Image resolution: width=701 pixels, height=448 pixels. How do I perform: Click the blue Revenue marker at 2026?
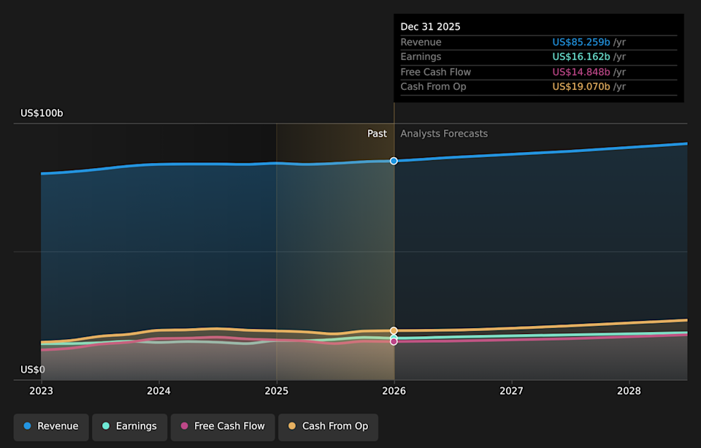pyautogui.click(x=394, y=161)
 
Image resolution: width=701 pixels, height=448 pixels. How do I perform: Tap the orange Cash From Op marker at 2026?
pyautogui.click(x=394, y=331)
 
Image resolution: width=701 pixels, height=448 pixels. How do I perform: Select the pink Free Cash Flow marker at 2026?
pyautogui.click(x=394, y=341)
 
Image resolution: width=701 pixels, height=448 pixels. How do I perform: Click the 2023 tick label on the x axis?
pyautogui.click(x=42, y=392)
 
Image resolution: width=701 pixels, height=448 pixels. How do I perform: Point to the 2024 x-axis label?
pyautogui.click(x=158, y=392)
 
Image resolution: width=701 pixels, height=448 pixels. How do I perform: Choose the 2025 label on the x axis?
pyautogui.click(x=276, y=392)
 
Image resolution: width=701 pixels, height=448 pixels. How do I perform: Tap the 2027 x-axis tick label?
pyautogui.click(x=511, y=392)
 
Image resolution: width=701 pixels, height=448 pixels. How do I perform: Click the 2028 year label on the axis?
pyautogui.click(x=629, y=392)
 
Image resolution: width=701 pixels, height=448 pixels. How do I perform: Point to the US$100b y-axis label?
pyautogui.click(x=42, y=113)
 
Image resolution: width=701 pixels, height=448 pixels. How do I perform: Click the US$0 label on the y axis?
pyautogui.click(x=32, y=370)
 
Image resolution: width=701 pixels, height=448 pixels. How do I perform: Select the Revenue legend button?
pyautogui.click(x=51, y=426)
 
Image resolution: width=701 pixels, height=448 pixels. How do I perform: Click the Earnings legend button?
pyautogui.click(x=129, y=426)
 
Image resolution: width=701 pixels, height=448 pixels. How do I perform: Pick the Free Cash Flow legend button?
pyautogui.click(x=223, y=426)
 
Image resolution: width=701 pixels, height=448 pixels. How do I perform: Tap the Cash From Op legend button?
pyautogui.click(x=328, y=426)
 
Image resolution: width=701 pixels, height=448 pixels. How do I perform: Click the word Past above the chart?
pyautogui.click(x=377, y=134)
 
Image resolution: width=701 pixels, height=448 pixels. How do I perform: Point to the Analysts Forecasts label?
pyautogui.click(x=444, y=134)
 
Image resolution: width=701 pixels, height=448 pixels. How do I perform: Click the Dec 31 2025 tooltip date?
pyautogui.click(x=430, y=27)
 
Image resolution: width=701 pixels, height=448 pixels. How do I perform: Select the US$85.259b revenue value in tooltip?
pyautogui.click(x=581, y=42)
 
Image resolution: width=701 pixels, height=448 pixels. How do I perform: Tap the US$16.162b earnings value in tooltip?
pyautogui.click(x=581, y=57)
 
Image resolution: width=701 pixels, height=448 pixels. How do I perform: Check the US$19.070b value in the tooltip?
pyautogui.click(x=581, y=87)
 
